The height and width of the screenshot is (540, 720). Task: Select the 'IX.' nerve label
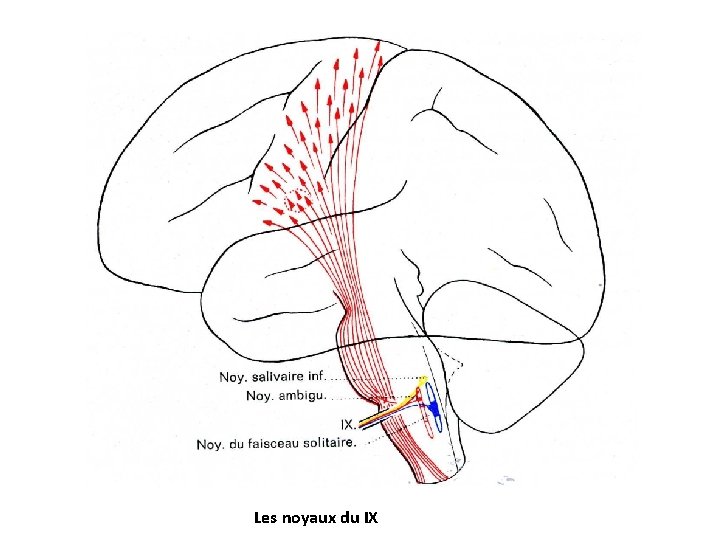(348, 424)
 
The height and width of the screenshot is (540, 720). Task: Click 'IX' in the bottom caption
(370, 518)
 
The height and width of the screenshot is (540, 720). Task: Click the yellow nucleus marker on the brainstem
(424, 380)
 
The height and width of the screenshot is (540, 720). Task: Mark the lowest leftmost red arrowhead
(264, 221)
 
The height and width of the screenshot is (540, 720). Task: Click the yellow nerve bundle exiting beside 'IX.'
(385, 412)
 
